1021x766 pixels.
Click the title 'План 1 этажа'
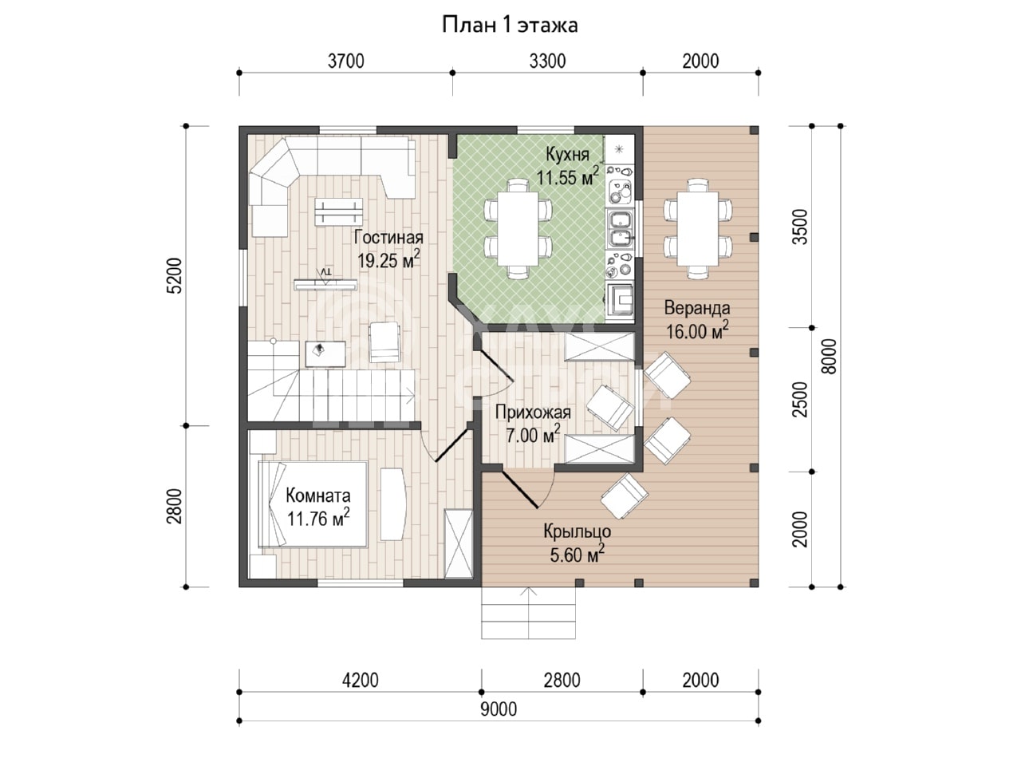[x=510, y=25]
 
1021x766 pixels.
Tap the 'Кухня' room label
[x=567, y=155]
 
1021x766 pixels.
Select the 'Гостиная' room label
[x=388, y=238]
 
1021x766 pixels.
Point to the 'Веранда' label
[x=697, y=308]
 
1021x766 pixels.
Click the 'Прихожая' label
[x=533, y=412]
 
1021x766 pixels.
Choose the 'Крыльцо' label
[x=577, y=531]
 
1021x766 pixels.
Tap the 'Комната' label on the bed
[x=317, y=496]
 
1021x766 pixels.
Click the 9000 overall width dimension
[x=499, y=709]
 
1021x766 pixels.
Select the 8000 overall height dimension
[x=829, y=356]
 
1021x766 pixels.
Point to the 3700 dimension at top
[x=345, y=61]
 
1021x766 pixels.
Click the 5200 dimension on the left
[x=175, y=275]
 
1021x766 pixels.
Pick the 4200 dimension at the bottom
[x=360, y=681]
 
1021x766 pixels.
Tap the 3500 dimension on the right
[x=801, y=227]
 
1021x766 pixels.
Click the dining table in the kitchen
[x=518, y=228]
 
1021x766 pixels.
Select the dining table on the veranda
[x=697, y=228]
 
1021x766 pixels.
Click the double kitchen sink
[x=621, y=229]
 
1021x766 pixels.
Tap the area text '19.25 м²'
[x=389, y=259]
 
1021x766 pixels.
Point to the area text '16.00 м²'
[x=697, y=330]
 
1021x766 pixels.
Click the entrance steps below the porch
[x=528, y=613]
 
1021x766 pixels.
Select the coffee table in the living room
[x=339, y=211]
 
